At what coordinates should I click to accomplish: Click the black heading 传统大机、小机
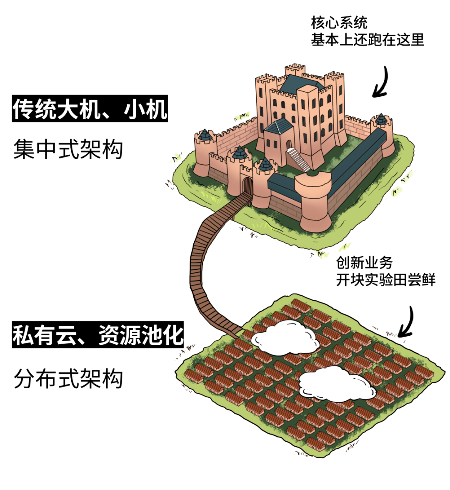click(90, 109)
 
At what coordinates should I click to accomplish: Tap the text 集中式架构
click(68, 150)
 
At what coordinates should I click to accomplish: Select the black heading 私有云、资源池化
click(98, 335)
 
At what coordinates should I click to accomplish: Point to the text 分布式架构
click(68, 379)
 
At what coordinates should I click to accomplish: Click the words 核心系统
click(339, 23)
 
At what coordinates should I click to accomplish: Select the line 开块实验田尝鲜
click(386, 280)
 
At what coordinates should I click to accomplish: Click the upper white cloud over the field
click(286, 336)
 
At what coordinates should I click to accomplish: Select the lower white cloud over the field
click(337, 383)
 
